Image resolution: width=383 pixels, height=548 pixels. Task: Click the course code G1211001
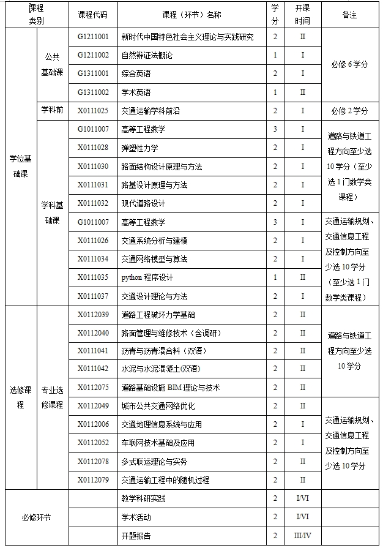(93, 37)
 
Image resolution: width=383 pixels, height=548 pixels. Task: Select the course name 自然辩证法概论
(147, 55)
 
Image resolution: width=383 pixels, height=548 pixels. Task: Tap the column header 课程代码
(93, 14)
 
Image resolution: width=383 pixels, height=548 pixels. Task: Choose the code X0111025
(93, 111)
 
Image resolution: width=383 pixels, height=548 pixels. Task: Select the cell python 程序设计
(147, 277)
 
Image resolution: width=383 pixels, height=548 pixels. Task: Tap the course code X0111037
(93, 296)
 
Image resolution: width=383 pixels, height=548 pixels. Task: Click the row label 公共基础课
(52, 64)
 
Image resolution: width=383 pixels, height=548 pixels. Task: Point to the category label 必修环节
(36, 517)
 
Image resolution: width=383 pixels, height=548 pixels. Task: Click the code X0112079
(93, 479)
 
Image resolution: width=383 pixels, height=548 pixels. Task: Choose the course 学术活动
(136, 517)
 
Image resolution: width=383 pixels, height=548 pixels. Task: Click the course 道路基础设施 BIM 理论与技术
(170, 387)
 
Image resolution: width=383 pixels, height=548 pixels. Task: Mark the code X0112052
(93, 443)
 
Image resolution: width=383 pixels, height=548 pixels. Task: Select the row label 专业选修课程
(52, 396)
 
